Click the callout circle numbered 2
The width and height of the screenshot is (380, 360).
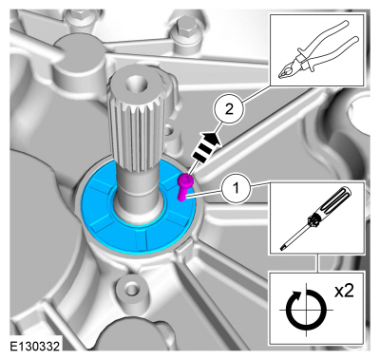(x=229, y=109)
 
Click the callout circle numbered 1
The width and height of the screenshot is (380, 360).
(x=236, y=189)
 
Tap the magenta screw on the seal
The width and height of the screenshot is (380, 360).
(x=183, y=187)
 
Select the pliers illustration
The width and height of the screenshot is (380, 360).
(x=316, y=49)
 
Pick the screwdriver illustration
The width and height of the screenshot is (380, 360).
(x=316, y=218)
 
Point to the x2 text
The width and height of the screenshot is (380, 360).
(x=344, y=291)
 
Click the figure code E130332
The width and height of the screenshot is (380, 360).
(x=34, y=346)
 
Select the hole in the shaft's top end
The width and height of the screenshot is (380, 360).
(x=136, y=84)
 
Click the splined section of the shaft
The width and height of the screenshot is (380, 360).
(x=139, y=121)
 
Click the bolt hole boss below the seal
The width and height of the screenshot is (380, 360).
(x=128, y=288)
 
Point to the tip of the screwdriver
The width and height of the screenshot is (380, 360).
(x=282, y=250)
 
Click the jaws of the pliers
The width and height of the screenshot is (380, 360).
(x=286, y=70)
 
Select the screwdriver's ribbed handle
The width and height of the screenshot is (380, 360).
(x=333, y=201)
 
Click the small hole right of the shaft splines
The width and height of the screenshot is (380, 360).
(x=168, y=129)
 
